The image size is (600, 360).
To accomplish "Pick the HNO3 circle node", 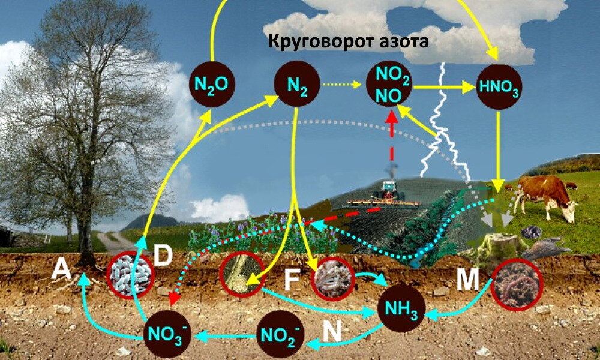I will tap(498, 86).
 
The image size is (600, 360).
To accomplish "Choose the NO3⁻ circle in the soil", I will tap(168, 334).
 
